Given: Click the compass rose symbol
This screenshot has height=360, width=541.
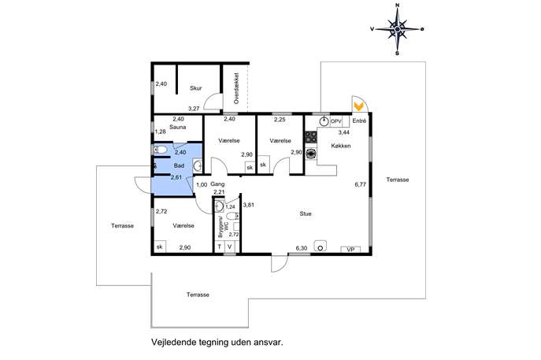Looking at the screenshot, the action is (398, 29).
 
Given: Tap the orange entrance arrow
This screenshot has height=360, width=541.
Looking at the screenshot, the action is (359, 106).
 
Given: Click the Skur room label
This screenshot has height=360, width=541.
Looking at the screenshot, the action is (195, 88).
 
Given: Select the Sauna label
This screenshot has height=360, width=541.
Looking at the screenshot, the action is (178, 127).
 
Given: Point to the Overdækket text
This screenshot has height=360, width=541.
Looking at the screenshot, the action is (236, 88).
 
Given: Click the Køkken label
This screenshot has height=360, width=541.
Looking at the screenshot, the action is (341, 146).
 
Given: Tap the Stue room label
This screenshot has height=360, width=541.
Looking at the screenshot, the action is (306, 214).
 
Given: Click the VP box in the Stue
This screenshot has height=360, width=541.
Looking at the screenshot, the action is (350, 249).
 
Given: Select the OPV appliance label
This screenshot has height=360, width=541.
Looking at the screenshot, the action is (335, 121).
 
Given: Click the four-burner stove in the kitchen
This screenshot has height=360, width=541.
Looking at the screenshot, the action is (311, 137).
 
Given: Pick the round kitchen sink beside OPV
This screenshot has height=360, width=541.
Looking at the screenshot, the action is (324, 121).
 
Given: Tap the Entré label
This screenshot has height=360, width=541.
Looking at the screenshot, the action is (359, 121).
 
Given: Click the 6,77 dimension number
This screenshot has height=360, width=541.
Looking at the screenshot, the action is (360, 184).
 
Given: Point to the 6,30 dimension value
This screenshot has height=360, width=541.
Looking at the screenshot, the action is (302, 248).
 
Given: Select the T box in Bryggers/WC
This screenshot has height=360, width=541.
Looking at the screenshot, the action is (219, 247).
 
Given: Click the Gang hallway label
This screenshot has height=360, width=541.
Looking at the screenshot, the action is (217, 184).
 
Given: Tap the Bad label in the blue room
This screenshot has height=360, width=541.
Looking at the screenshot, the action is (179, 165).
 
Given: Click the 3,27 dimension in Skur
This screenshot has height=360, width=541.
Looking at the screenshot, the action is (194, 109).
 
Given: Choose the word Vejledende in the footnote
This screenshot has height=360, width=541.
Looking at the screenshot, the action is (174, 343).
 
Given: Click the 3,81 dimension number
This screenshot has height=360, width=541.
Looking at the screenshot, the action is (248, 205).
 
